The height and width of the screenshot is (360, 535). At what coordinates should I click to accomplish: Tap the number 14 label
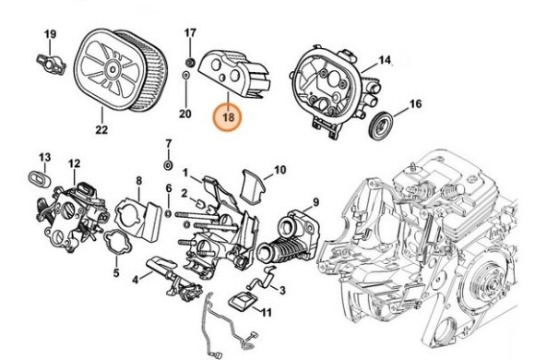click(385, 60)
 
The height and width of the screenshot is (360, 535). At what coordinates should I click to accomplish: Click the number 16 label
click(415, 104)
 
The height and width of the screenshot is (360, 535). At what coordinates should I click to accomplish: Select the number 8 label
click(138, 181)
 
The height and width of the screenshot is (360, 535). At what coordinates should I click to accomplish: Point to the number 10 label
click(280, 170)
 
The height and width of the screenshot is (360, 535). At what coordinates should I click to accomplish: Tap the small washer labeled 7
click(168, 164)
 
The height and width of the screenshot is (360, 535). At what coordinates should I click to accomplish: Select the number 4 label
click(136, 279)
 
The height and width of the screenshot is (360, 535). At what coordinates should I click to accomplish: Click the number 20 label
click(184, 114)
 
